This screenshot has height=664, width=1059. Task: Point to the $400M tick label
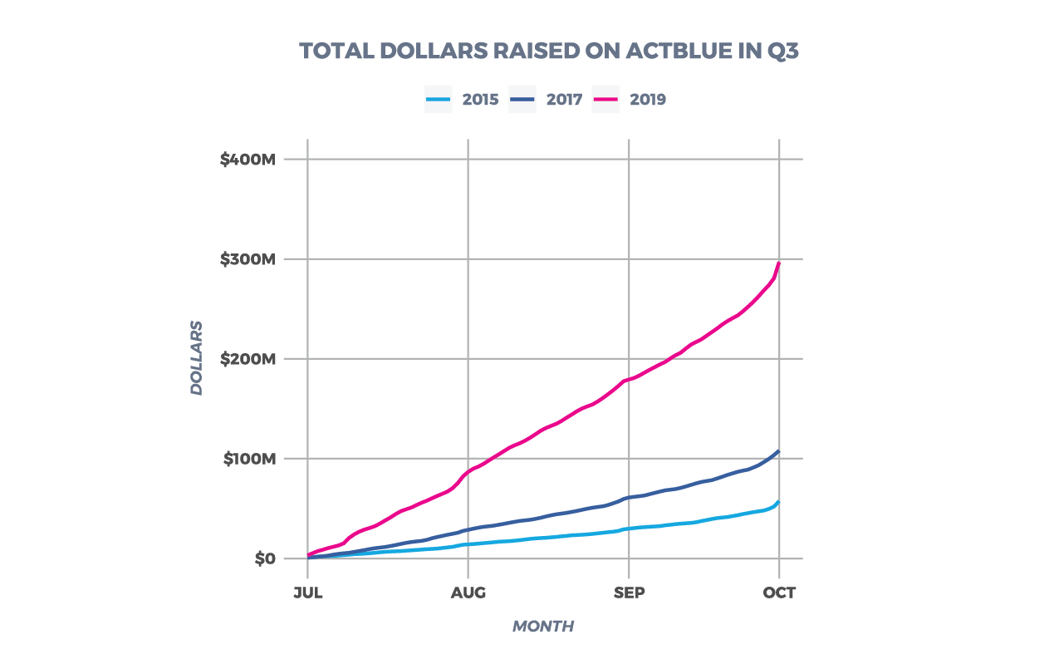point(248,160)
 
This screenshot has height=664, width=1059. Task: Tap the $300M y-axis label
point(248,259)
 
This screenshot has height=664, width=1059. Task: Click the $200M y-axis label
point(248,359)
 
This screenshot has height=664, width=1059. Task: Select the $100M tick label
point(248,459)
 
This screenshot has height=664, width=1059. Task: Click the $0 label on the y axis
point(265,558)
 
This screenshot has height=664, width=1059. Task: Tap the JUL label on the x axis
point(307,593)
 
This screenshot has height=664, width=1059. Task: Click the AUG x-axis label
point(468,593)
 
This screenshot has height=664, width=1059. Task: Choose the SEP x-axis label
point(629,593)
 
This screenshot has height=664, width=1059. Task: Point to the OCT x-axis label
point(779,593)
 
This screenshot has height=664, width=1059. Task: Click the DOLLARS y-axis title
point(197,358)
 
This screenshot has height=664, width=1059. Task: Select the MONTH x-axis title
point(542,627)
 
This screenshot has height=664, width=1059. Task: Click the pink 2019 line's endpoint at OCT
point(779,263)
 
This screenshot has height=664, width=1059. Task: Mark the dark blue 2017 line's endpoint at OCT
point(779,451)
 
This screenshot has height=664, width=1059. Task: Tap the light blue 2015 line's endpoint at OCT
point(779,501)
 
